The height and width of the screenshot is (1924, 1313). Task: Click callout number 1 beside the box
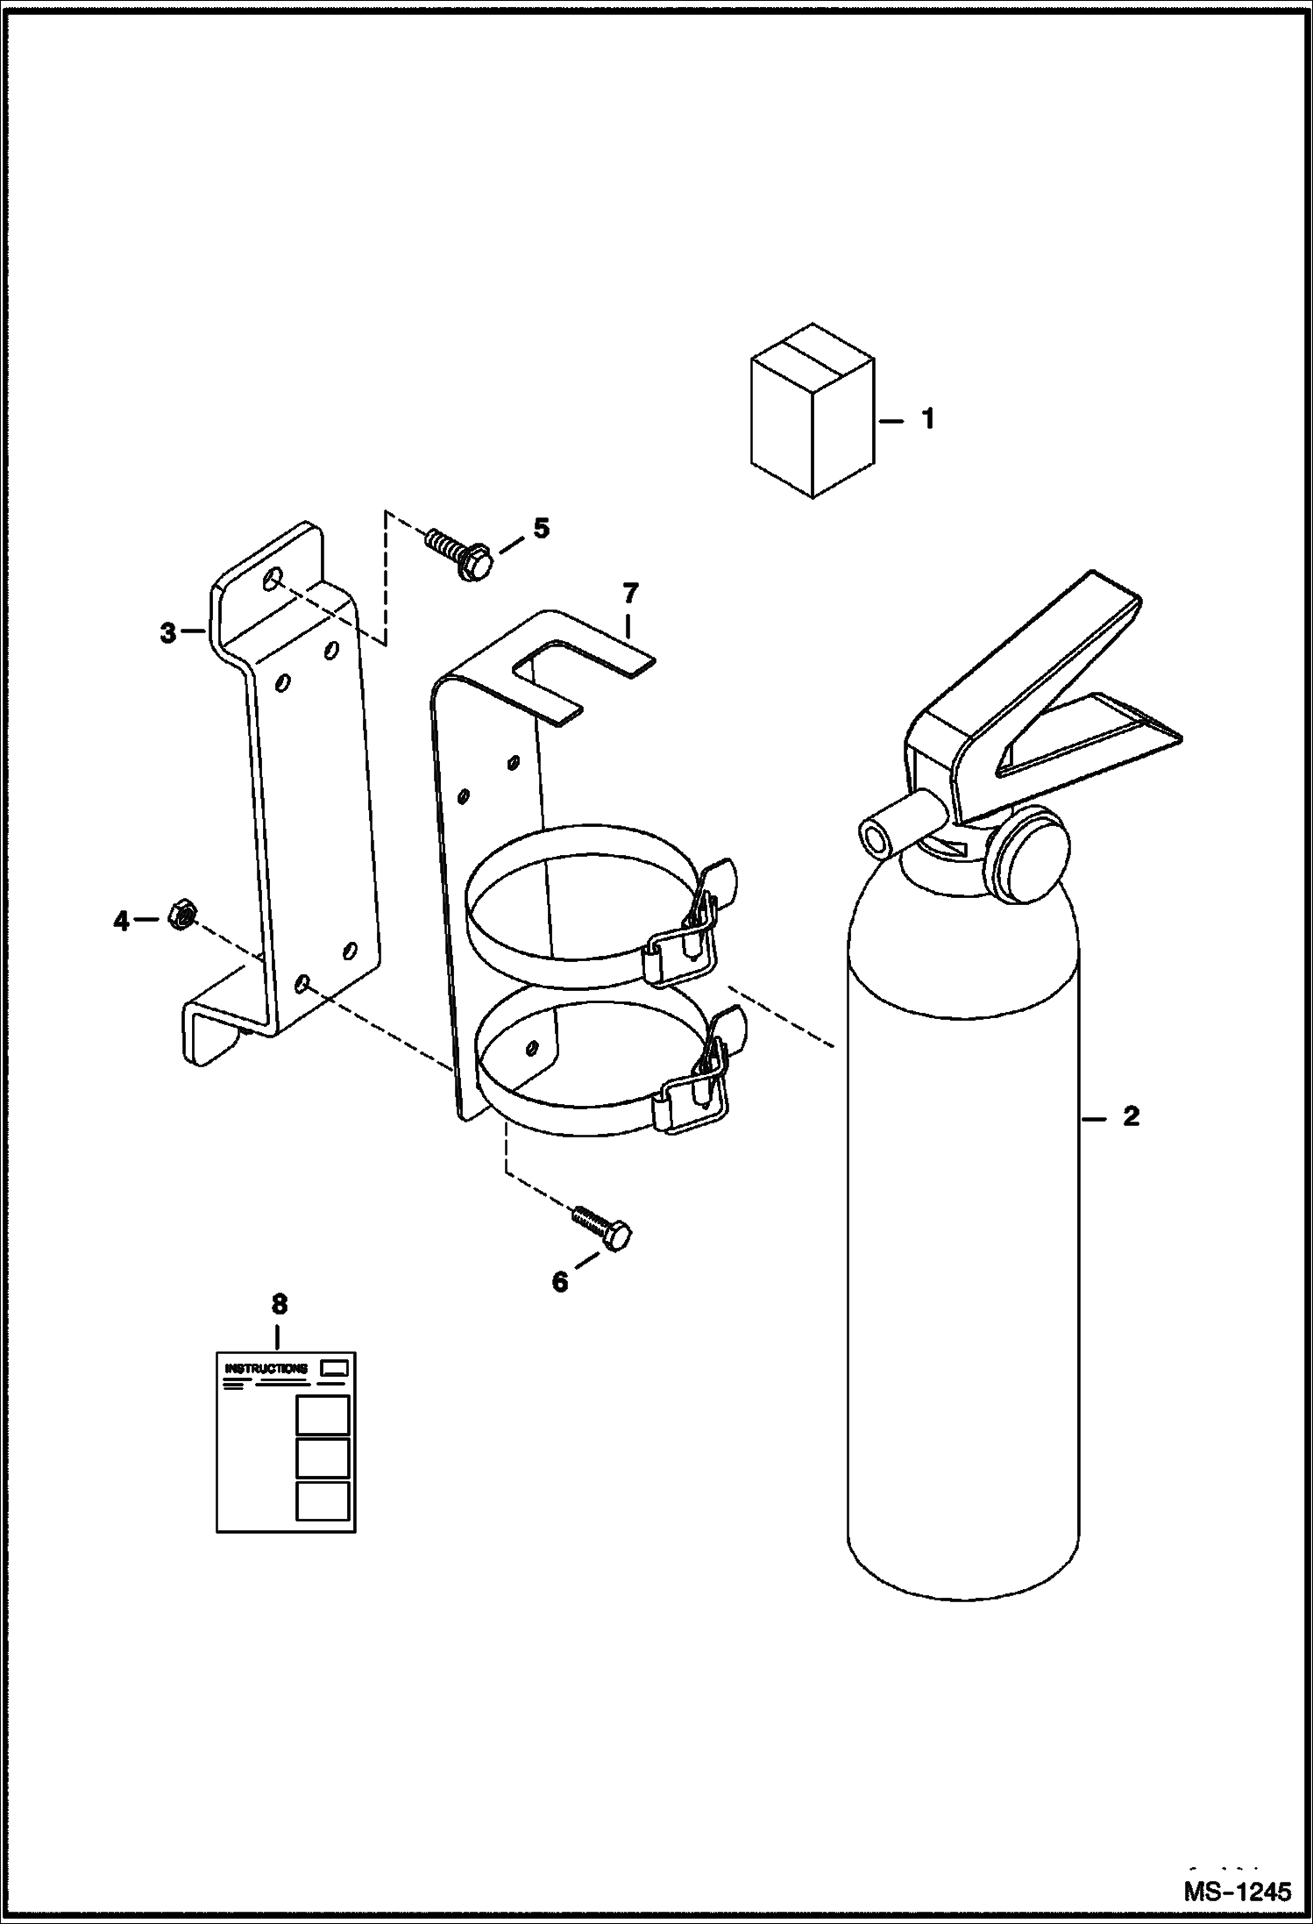tap(927, 419)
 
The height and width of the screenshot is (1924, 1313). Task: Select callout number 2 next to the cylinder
tap(1131, 1116)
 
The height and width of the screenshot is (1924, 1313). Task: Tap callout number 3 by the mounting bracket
tap(168, 632)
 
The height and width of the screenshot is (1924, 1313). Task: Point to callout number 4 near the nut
tap(121, 920)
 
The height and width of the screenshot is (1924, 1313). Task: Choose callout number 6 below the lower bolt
tap(559, 1281)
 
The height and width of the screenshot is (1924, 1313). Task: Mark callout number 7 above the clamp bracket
tap(629, 593)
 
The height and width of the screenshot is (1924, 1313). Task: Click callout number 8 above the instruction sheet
tap(279, 1329)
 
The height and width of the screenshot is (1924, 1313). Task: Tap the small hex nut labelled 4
tap(181, 916)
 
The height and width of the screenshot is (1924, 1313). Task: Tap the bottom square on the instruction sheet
tap(322, 1500)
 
